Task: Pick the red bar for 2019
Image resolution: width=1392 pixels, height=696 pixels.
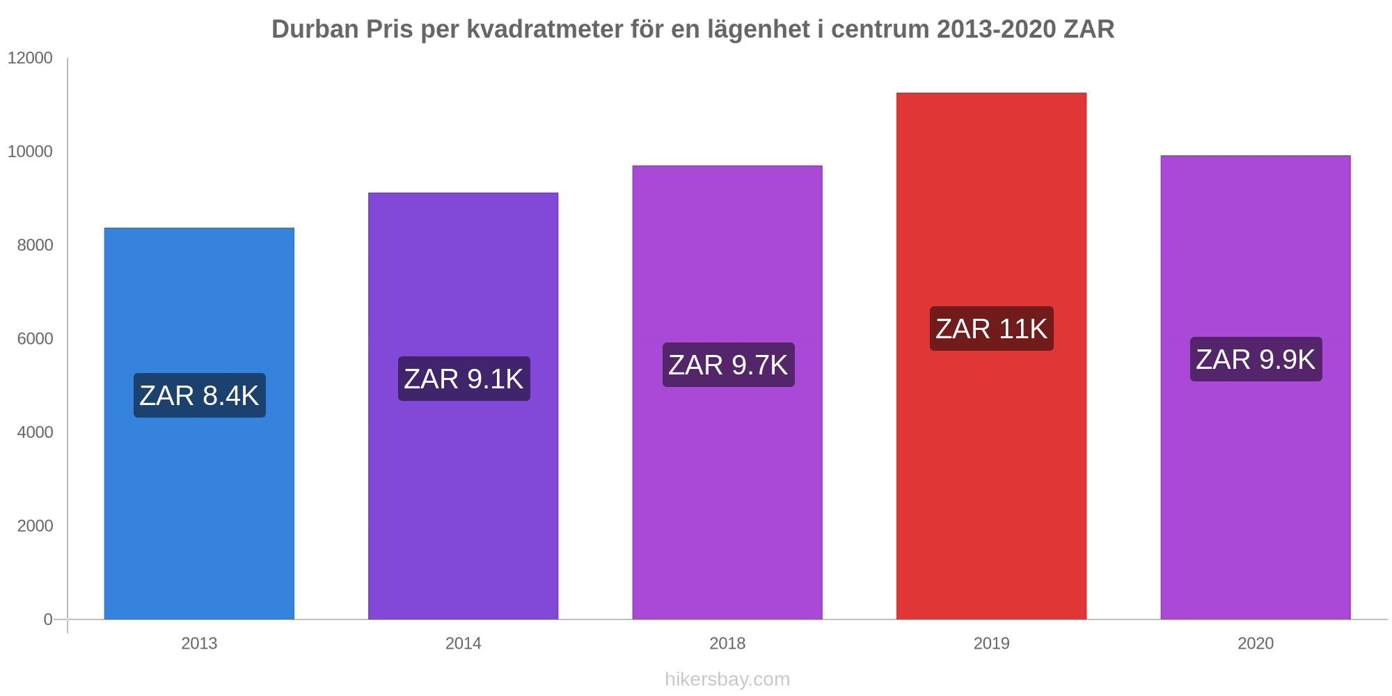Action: tap(991, 487)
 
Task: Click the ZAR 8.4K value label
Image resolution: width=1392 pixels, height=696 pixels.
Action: tap(199, 395)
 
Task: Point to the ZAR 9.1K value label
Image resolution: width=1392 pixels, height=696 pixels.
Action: tap(464, 379)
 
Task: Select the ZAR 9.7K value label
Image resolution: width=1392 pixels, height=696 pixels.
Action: tap(728, 365)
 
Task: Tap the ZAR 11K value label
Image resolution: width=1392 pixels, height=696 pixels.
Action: tap(991, 329)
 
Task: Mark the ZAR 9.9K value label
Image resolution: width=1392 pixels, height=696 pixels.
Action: tap(1256, 359)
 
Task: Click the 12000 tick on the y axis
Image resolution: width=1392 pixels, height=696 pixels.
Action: tap(30, 58)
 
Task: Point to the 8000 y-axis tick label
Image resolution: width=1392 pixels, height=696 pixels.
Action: tap(35, 245)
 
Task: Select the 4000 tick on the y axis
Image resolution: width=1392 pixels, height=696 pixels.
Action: tap(35, 432)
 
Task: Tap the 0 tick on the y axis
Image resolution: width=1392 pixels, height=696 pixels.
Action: tap(48, 619)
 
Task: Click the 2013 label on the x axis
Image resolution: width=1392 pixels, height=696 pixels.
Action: tap(199, 643)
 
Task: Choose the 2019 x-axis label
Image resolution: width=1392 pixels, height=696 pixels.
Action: tap(991, 643)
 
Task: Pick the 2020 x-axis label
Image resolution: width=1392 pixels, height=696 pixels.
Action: tap(1256, 643)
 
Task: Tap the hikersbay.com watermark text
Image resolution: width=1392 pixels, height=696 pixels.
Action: tap(727, 679)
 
